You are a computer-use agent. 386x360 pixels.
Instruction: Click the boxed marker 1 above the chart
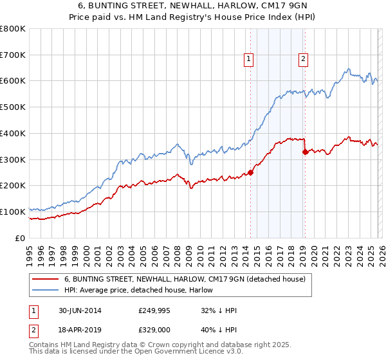[250, 60]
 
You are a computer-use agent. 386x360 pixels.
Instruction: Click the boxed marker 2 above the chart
[304, 60]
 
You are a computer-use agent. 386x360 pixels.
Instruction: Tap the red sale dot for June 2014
[250, 172]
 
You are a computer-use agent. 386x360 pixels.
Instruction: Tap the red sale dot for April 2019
[305, 152]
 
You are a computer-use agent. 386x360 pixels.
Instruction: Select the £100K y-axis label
[13, 212]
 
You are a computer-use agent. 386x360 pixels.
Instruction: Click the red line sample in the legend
[46, 279]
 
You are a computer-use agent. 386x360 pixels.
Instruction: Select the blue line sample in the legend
[46, 290]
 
